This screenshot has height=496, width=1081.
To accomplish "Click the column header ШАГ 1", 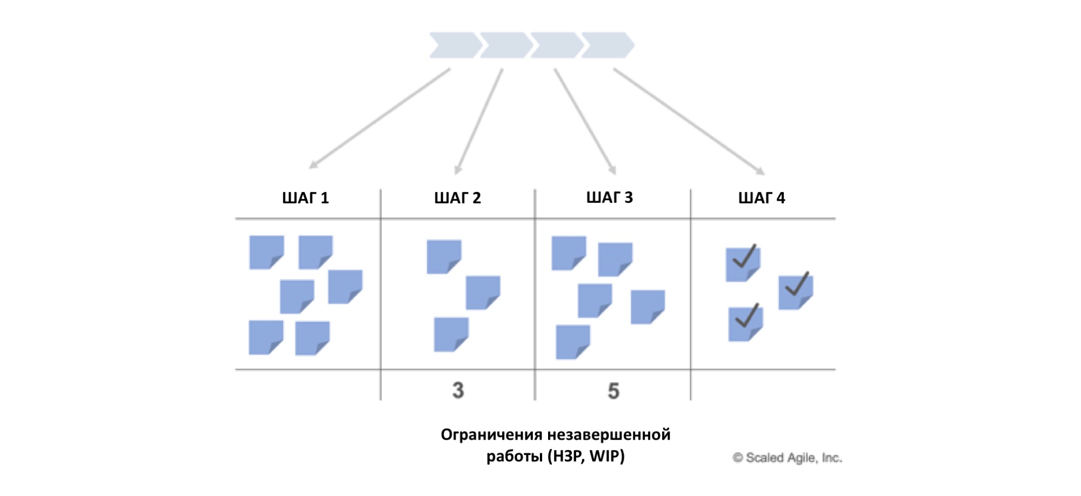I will (x=305, y=198).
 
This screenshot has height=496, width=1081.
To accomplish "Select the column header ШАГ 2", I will (x=457, y=198).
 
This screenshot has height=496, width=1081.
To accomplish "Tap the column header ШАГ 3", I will (x=609, y=197).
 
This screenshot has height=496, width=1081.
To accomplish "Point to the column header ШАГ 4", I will (x=762, y=198).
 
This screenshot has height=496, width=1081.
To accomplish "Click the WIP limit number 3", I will (x=458, y=390).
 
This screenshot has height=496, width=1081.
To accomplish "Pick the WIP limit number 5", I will (x=613, y=391).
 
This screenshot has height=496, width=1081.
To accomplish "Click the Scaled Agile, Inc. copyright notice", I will (x=787, y=458).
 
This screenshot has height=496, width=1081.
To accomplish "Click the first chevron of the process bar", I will (x=454, y=45).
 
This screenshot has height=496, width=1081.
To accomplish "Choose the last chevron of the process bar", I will (x=607, y=45).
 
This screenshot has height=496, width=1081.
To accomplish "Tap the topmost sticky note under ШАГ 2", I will (x=444, y=256).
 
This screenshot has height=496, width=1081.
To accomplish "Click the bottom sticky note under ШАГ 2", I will (x=451, y=334).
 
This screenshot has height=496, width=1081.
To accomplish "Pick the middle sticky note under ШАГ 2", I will (x=483, y=293).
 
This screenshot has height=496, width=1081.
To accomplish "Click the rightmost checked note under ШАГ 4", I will (x=796, y=292).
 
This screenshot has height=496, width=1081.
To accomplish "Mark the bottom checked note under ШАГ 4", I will (x=745, y=323).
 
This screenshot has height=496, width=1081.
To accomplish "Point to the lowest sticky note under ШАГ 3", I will (x=572, y=342).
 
